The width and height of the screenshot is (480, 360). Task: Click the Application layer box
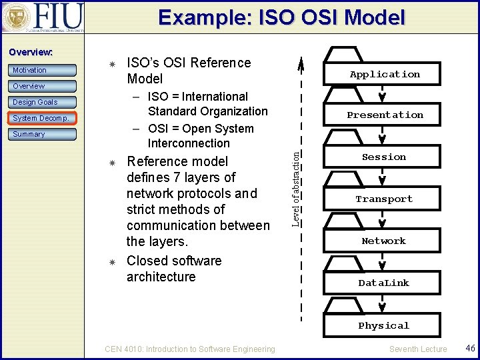[x=385, y=74]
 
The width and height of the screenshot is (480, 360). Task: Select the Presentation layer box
[x=385, y=115]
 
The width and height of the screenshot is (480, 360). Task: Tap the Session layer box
[x=384, y=157]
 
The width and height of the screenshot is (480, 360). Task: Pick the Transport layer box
[x=384, y=199]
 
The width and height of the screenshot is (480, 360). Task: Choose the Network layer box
[x=384, y=241]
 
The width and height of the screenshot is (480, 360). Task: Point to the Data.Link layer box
[x=384, y=283]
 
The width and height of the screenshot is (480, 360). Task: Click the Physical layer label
[x=384, y=325]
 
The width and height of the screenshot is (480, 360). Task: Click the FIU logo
[x=43, y=17]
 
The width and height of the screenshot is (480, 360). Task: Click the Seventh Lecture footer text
[x=418, y=349]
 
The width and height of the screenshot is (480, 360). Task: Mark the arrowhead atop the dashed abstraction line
[x=301, y=64]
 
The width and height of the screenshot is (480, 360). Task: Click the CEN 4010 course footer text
[x=190, y=349]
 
